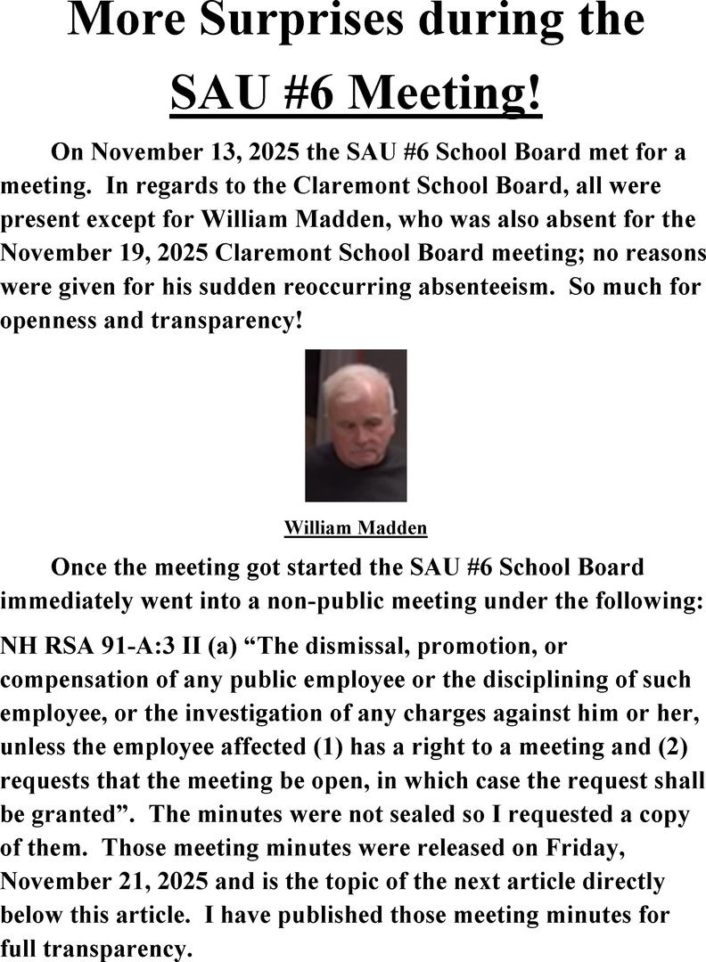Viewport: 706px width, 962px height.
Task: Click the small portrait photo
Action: click(x=356, y=425)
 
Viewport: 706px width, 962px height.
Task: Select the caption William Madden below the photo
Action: click(x=356, y=528)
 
